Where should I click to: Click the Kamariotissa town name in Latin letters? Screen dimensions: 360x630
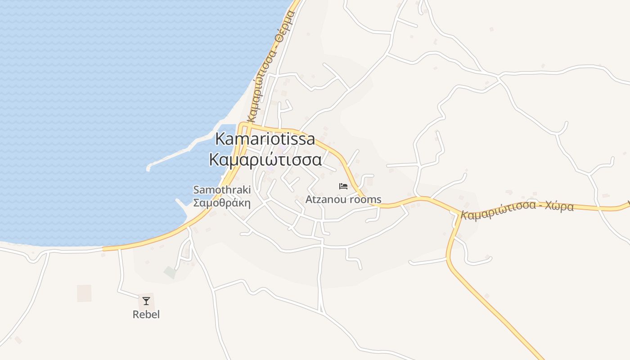265,139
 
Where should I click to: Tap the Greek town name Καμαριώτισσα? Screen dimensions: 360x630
265,160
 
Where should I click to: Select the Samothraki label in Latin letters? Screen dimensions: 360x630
222,190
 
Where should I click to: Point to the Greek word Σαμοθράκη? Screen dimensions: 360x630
222,202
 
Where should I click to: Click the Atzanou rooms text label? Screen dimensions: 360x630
343,199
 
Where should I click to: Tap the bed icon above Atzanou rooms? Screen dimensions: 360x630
343,186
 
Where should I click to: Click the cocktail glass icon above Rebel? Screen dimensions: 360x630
146,301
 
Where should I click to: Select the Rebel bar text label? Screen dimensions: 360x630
146,315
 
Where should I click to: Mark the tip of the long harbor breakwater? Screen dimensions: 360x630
149,169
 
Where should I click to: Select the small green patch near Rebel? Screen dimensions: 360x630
170,272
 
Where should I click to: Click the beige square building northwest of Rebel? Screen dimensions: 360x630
84,293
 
